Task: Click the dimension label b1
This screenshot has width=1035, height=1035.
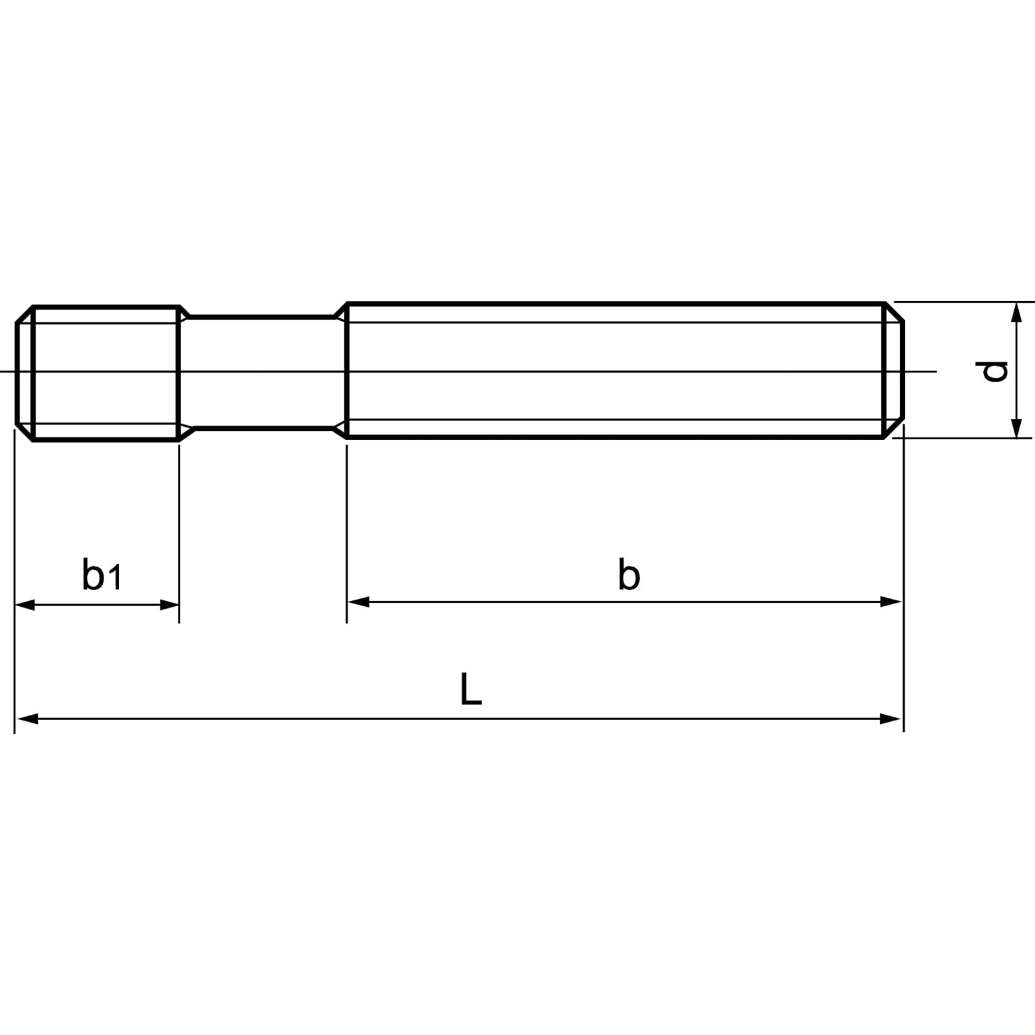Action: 102,574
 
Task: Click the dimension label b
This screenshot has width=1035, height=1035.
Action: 628,575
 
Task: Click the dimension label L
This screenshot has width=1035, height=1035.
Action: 470,690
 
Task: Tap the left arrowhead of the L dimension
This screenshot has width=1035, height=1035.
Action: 26,719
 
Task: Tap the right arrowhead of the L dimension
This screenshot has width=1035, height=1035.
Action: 891,719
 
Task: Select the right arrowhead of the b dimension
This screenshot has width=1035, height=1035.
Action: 891,602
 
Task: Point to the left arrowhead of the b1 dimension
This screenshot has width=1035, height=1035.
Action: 25,605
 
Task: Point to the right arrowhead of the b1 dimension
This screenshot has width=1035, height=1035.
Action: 169,605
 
